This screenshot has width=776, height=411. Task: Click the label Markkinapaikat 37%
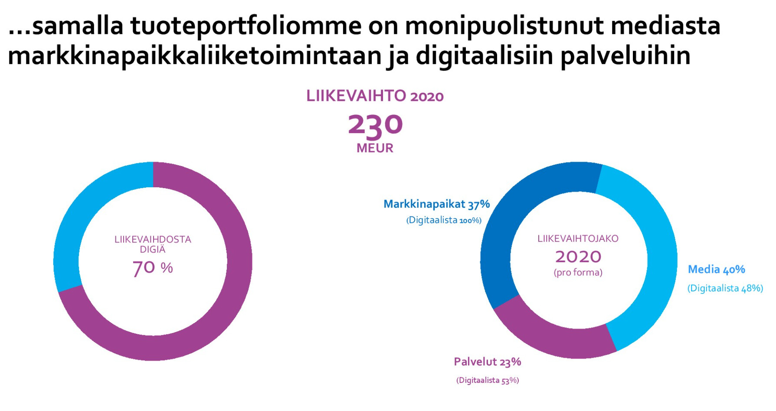point(436,204)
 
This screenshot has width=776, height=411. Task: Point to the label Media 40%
point(716,270)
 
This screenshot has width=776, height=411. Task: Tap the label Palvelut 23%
point(487,362)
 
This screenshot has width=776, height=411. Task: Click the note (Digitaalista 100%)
point(444,220)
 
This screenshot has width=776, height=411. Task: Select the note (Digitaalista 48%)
point(725,288)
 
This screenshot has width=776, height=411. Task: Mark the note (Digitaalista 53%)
point(487,381)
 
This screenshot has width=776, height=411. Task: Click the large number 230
point(375,125)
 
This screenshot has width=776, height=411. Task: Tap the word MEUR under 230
point(375,148)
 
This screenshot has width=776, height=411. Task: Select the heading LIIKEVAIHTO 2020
point(375,96)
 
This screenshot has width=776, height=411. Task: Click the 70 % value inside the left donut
point(153,267)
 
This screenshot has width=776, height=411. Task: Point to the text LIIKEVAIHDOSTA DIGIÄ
point(153,244)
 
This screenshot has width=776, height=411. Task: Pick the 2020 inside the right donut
point(578,257)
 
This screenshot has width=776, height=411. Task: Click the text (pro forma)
point(578,273)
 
